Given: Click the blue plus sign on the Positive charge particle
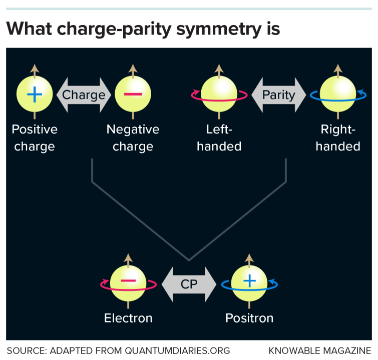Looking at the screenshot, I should [x=34, y=94].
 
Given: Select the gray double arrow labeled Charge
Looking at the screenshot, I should [x=83, y=95].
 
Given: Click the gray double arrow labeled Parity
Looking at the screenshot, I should [x=278, y=95].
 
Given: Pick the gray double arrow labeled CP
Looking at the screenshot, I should [x=189, y=284].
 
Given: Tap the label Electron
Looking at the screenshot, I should [x=128, y=318].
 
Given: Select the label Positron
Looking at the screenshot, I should [x=249, y=318].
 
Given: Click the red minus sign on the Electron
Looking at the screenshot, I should [x=128, y=280].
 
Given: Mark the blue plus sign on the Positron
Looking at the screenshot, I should [x=249, y=281].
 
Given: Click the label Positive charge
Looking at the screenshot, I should [x=35, y=138].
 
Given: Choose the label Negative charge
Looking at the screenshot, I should [x=133, y=138].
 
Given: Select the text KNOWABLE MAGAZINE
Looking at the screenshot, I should [x=319, y=350].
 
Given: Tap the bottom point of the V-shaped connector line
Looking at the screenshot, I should [x=189, y=260].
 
